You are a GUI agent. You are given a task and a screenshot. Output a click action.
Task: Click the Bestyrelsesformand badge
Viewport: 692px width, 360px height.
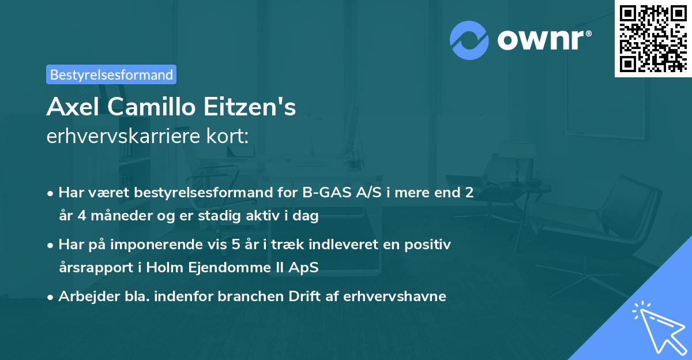coord(111,74)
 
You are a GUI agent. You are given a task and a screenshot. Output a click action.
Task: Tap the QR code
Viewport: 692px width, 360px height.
coord(653,38)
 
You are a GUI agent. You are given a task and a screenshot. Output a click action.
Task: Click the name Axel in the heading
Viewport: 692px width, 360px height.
coord(70,107)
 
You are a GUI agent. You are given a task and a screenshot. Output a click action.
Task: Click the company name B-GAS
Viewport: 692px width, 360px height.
coord(324,193)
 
